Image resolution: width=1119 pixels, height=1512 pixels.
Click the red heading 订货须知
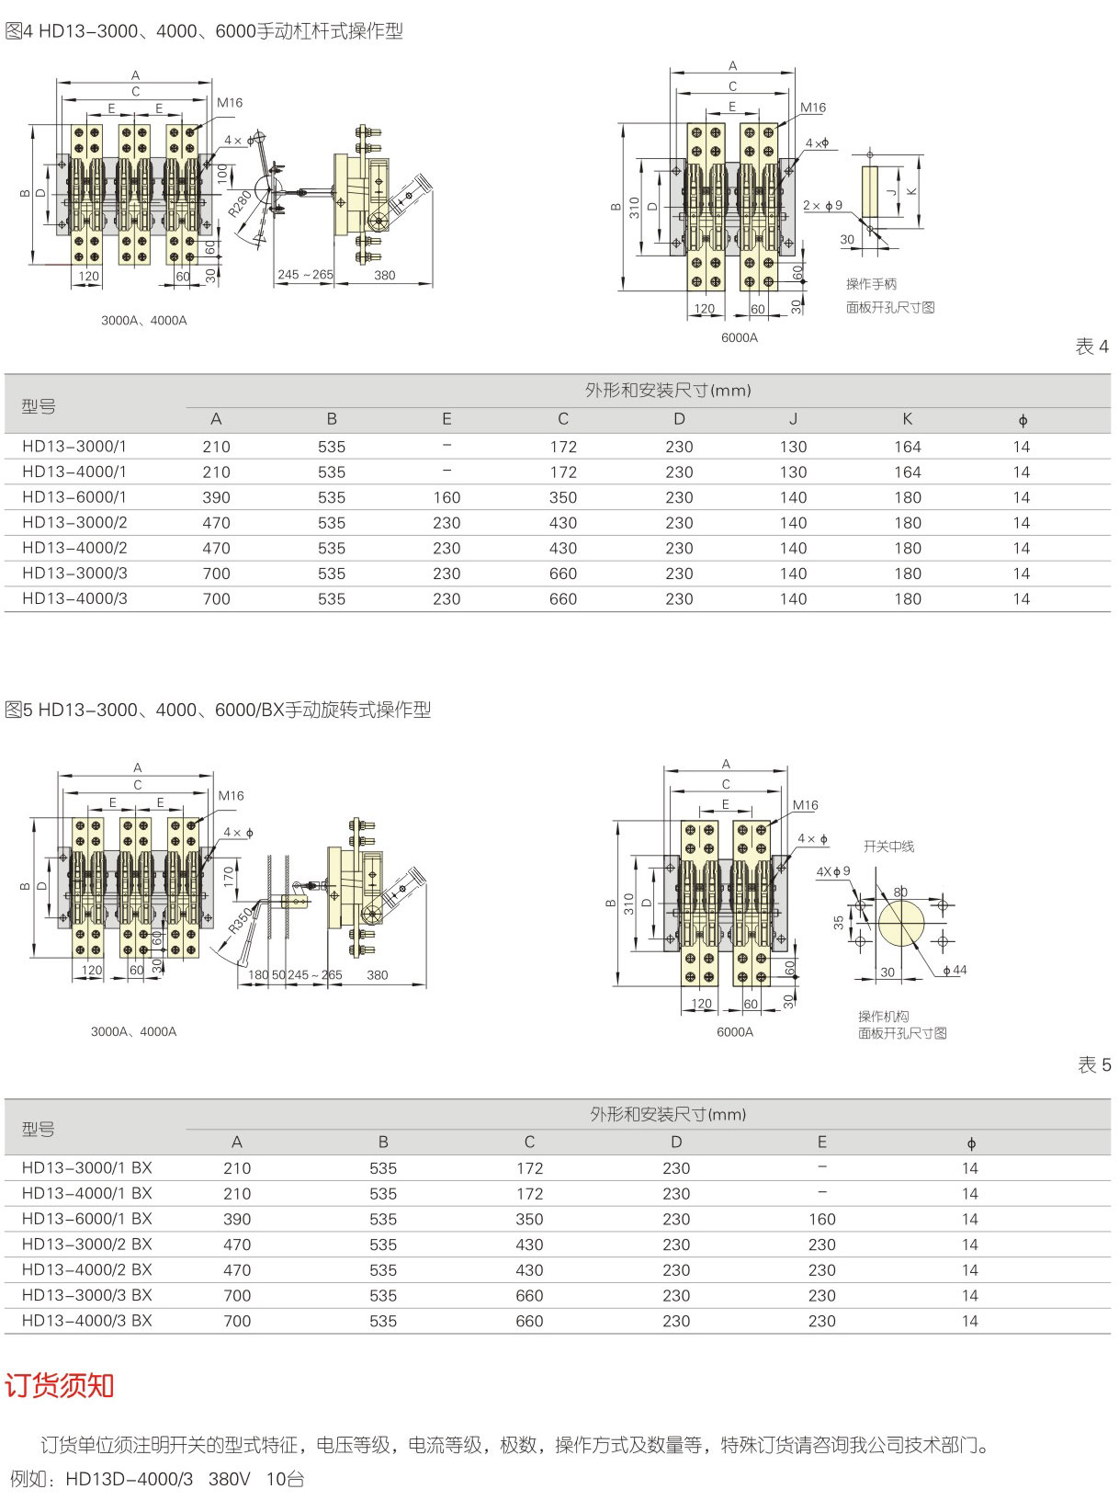[x=60, y=1385]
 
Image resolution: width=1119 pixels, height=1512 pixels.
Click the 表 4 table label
[x=1091, y=347]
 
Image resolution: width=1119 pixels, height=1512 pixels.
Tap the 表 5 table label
[x=1093, y=1064]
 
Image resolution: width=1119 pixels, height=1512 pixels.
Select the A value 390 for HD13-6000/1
[x=216, y=497]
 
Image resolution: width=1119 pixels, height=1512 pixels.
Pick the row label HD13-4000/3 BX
[x=86, y=1320]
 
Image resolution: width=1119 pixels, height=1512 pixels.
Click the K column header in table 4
[x=907, y=419]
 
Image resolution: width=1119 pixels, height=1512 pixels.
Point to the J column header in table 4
[x=793, y=419]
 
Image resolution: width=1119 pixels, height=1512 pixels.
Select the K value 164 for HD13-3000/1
[x=907, y=447]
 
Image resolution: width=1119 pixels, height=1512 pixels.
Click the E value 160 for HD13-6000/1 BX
[x=821, y=1219]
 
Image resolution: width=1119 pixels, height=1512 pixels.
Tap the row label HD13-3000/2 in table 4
[x=74, y=522]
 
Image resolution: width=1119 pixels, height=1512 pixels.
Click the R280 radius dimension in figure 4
[x=241, y=202]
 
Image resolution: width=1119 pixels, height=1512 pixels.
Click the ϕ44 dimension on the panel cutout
[x=955, y=970]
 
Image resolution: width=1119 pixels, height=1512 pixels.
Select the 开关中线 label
[x=888, y=846]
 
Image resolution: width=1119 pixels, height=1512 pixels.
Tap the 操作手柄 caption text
[x=871, y=284]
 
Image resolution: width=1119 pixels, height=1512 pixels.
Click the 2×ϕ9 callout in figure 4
[x=822, y=205]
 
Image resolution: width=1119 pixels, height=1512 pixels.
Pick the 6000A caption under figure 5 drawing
[x=734, y=1031]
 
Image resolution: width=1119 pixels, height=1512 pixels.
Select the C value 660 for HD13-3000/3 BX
[x=529, y=1295]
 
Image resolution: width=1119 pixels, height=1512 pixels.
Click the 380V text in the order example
[x=229, y=1479]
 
